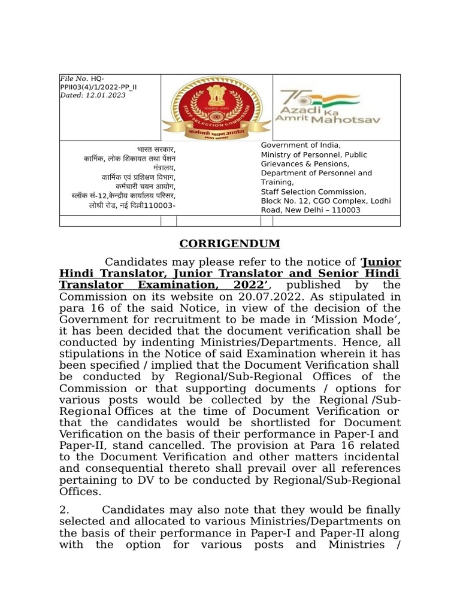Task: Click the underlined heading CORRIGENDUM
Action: (230, 244)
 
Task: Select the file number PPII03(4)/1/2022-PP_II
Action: (98, 87)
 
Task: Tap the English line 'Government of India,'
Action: (301, 145)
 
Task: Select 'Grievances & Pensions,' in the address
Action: (305, 163)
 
